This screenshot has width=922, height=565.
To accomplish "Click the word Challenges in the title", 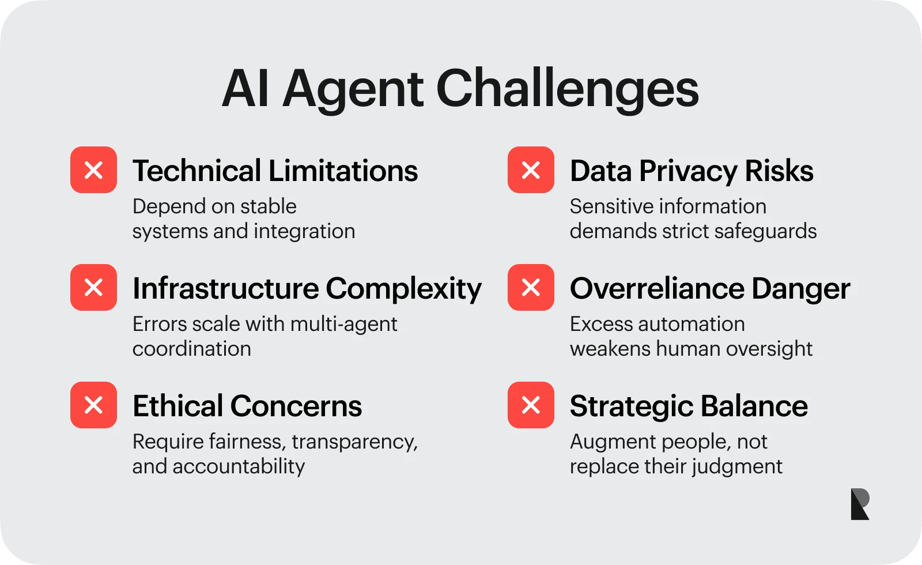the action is [567, 91].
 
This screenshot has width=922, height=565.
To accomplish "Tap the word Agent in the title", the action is [353, 91].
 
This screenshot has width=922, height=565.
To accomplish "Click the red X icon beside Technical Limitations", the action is [93, 169].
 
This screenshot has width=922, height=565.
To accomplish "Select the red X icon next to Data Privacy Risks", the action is [531, 169].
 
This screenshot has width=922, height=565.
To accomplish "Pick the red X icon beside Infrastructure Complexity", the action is [93, 288].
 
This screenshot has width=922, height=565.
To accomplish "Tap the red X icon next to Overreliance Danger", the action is [531, 288].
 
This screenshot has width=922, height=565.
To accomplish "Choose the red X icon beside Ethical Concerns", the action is [93, 405].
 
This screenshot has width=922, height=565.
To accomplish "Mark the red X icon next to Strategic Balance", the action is [531, 405].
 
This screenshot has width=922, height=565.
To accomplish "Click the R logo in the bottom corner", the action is [860, 504].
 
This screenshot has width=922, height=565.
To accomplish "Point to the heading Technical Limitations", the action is [275, 171].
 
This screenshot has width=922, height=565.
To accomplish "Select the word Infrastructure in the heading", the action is [225, 288].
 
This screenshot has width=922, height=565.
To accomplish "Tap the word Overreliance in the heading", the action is [658, 288].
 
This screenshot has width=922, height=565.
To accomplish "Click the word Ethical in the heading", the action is [178, 406].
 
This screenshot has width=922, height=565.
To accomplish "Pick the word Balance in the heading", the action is [754, 406].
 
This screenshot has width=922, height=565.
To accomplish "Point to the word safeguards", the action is [766, 232].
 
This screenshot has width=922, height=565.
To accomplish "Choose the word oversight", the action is [769, 349].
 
